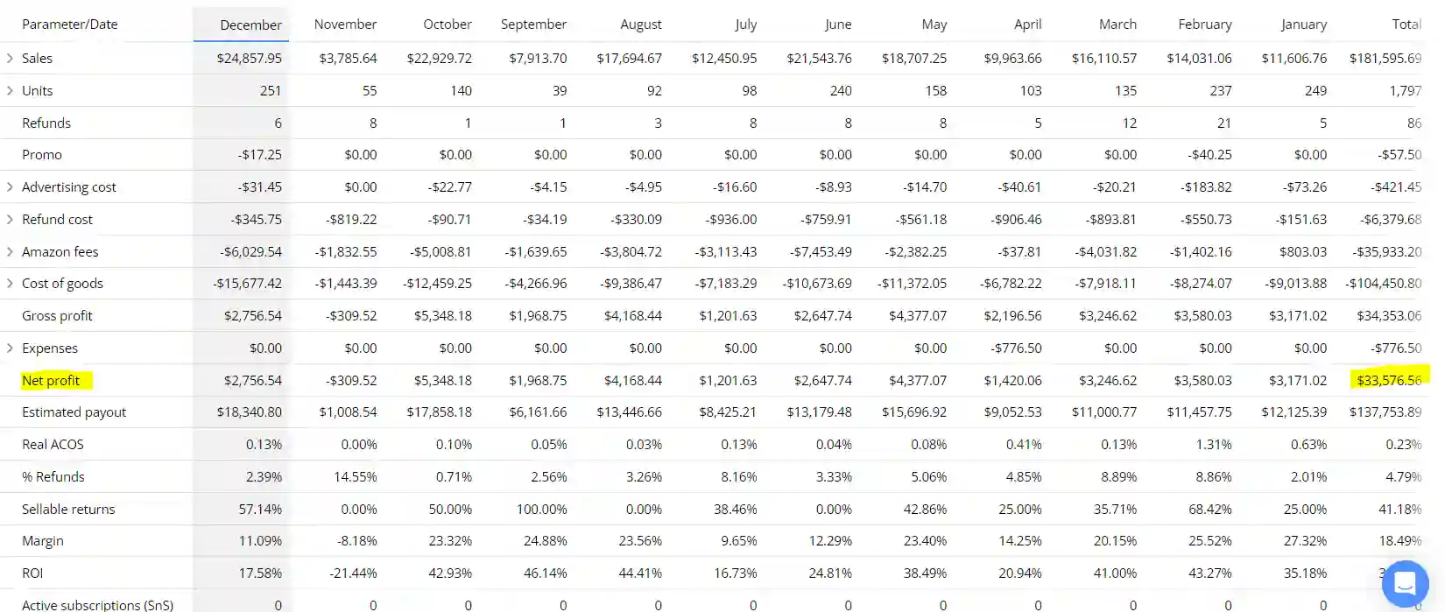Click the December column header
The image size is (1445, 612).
[x=250, y=25]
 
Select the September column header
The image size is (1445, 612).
[x=533, y=25]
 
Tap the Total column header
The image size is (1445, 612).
[x=1406, y=25]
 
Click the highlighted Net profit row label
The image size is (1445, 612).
[x=51, y=380]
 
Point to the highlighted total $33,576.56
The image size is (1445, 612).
[x=1389, y=380]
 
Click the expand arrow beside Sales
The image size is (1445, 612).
[x=10, y=58]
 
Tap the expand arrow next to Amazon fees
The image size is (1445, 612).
[x=10, y=251]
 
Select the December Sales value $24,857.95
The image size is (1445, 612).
[x=250, y=59]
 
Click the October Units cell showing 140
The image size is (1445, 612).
[x=461, y=91]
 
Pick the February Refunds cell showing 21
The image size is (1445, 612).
[x=1223, y=123]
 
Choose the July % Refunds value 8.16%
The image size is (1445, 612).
[x=738, y=477]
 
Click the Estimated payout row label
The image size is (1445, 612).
[x=74, y=412]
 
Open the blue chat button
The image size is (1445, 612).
[x=1405, y=582]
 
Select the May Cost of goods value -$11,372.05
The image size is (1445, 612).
[x=912, y=284]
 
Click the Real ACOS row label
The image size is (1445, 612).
[x=53, y=445]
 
